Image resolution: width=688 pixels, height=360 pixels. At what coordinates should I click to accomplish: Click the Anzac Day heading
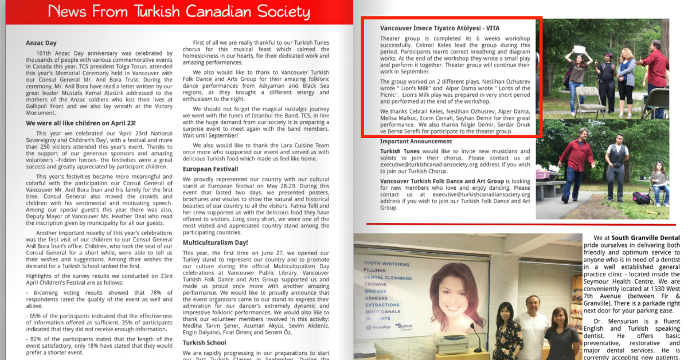41,42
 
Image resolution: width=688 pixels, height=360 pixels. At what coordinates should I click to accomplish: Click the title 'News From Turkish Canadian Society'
179,11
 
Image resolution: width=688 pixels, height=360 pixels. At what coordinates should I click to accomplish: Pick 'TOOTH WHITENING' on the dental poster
386,263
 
